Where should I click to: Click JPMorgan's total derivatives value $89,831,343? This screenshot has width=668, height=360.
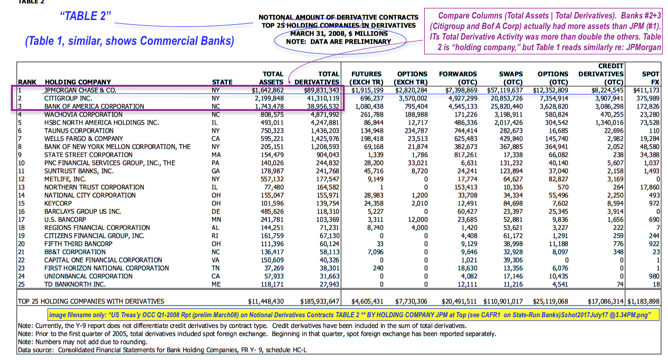[317, 90]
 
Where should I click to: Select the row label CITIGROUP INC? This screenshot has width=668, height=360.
[68, 98]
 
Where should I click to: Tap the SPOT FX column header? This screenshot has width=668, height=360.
[650, 78]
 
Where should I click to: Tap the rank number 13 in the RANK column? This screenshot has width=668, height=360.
[21, 187]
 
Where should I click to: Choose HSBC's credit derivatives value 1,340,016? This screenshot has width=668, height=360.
[603, 122]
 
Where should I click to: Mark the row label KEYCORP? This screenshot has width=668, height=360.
[60, 203]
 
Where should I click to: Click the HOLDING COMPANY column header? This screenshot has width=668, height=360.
[78, 82]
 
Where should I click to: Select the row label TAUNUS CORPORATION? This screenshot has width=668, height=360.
[79, 130]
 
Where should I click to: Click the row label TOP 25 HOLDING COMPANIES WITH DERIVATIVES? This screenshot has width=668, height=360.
[91, 301]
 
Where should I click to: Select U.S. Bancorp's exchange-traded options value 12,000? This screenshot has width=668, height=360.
[416, 219]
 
